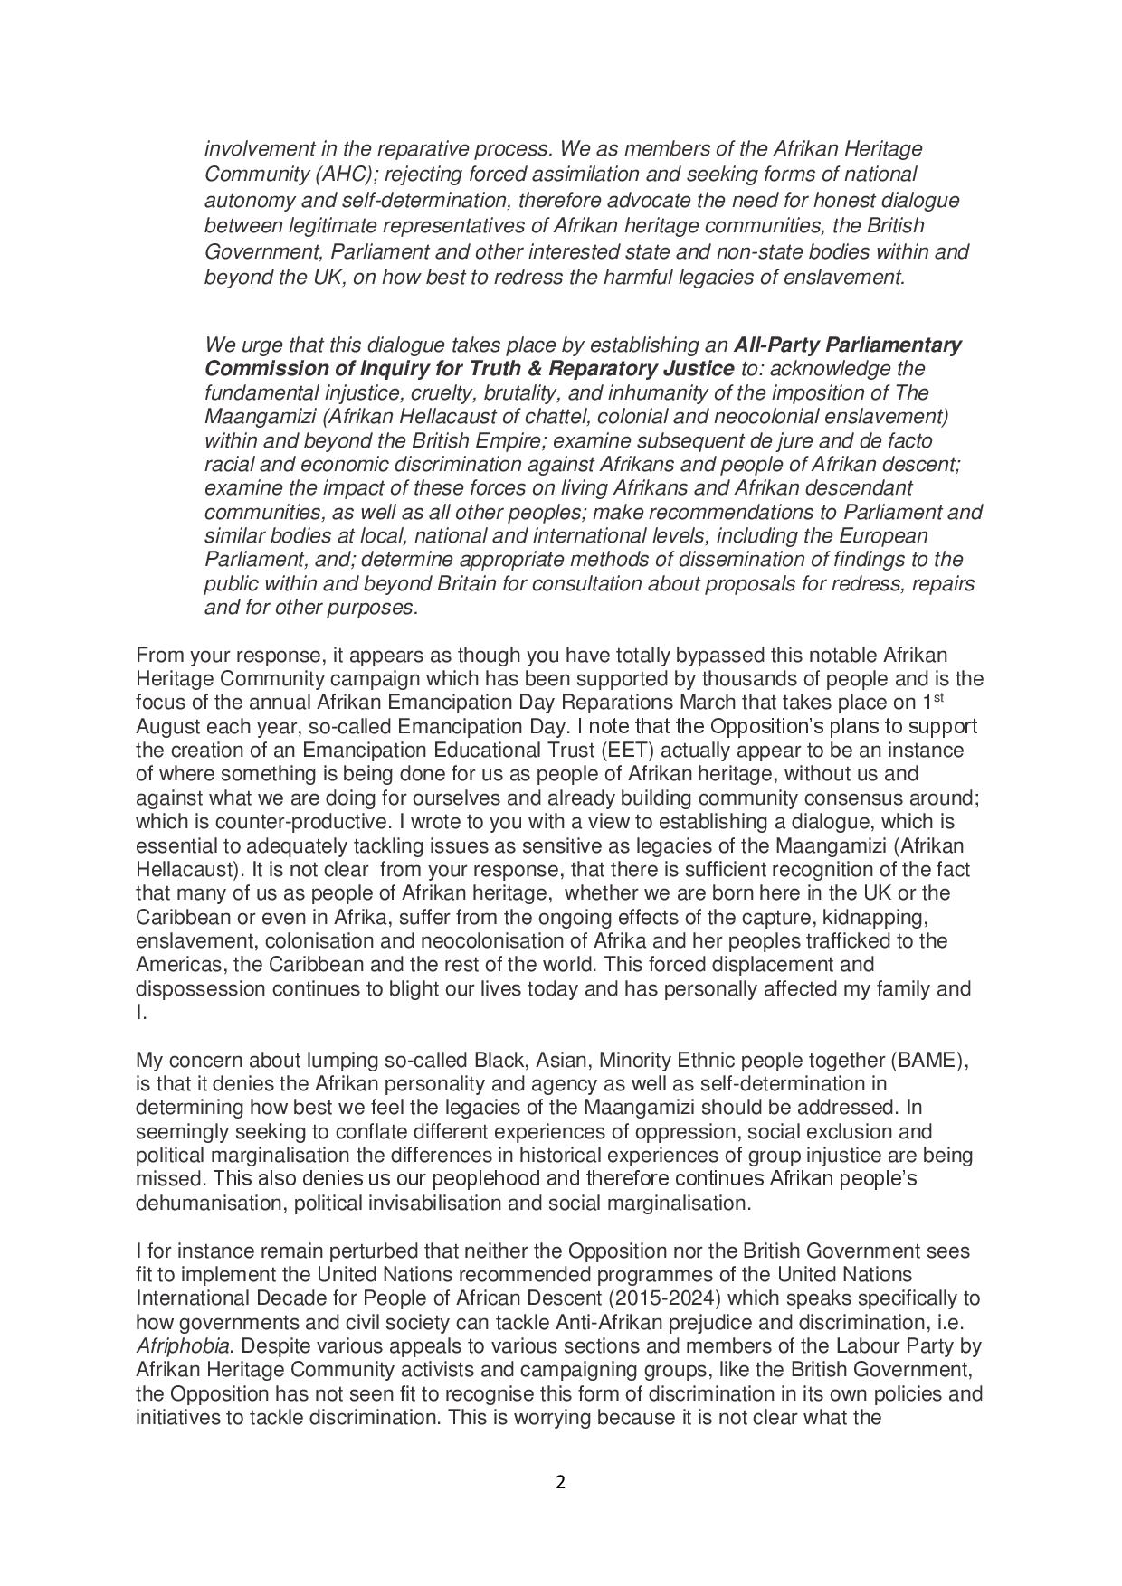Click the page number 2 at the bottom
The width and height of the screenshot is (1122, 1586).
560,1482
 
